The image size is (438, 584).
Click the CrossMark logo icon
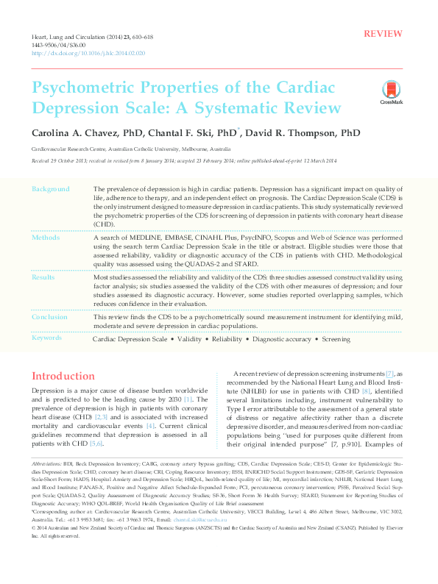coord(386,93)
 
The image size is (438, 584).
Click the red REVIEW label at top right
coord(383,35)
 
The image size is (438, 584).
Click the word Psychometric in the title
coord(88,87)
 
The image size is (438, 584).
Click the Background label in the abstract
coord(51,190)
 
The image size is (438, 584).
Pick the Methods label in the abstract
coord(46,238)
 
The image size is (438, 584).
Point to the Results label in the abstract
coord(44,278)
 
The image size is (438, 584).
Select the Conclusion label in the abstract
coord(50,317)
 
